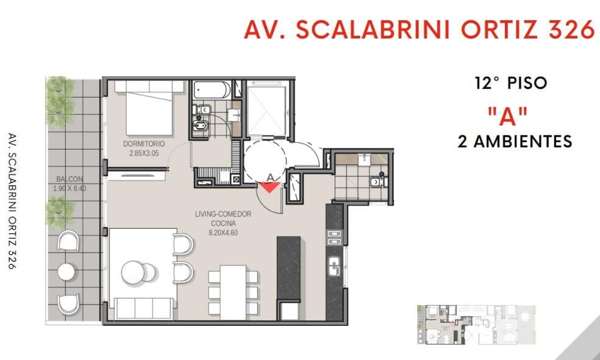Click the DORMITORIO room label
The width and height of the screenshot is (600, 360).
144,143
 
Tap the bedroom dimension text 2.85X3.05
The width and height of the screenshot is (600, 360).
144,153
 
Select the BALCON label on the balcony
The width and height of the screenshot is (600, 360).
70,179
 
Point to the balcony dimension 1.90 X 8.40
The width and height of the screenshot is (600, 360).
70,189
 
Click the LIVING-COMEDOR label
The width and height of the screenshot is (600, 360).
223,214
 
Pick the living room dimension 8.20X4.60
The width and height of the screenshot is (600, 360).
223,232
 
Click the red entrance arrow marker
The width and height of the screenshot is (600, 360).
270,187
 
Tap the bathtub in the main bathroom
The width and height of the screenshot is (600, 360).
212,90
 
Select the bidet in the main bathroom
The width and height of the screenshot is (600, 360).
201,125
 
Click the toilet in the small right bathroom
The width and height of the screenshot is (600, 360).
379,181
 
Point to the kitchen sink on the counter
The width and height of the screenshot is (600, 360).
334,266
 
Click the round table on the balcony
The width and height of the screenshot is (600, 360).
66,272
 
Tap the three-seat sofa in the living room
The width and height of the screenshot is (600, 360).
144,308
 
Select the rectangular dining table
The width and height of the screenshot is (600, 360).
233,292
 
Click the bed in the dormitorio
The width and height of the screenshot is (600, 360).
149,108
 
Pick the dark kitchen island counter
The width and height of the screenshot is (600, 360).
288,268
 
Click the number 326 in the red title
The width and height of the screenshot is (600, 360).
572,29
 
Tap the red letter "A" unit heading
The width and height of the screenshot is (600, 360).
508,117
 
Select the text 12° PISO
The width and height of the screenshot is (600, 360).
511,83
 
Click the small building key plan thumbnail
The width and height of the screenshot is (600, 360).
476,325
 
